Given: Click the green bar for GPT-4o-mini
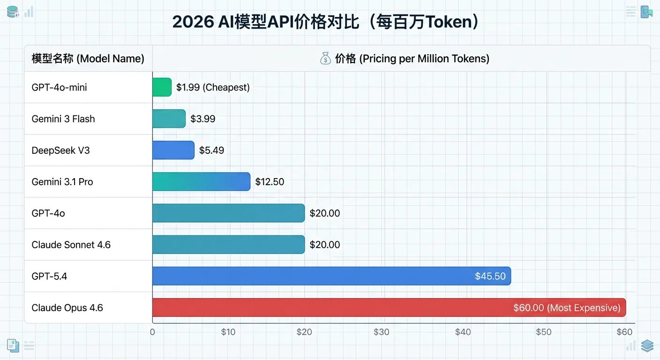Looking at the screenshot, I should [162, 87].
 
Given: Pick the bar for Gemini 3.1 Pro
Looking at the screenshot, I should [201, 181].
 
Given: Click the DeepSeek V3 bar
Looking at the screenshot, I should [173, 150].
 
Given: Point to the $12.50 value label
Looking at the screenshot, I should [270, 182].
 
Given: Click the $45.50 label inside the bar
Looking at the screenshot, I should [490, 276].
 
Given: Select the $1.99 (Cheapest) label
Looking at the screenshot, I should [213, 87].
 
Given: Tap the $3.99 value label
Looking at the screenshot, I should [202, 119].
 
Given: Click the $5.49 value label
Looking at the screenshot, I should [211, 150].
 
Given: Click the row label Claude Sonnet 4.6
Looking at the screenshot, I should [71, 245].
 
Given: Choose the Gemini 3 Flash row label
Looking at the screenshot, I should [63, 119].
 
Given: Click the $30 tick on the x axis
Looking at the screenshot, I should [381, 332].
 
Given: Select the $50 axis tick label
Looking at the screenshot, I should [543, 332].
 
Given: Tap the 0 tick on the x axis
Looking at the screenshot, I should [152, 332].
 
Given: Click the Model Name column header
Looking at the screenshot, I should [88, 59].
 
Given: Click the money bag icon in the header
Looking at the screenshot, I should [325, 59].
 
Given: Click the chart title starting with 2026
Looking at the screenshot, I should [326, 22].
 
